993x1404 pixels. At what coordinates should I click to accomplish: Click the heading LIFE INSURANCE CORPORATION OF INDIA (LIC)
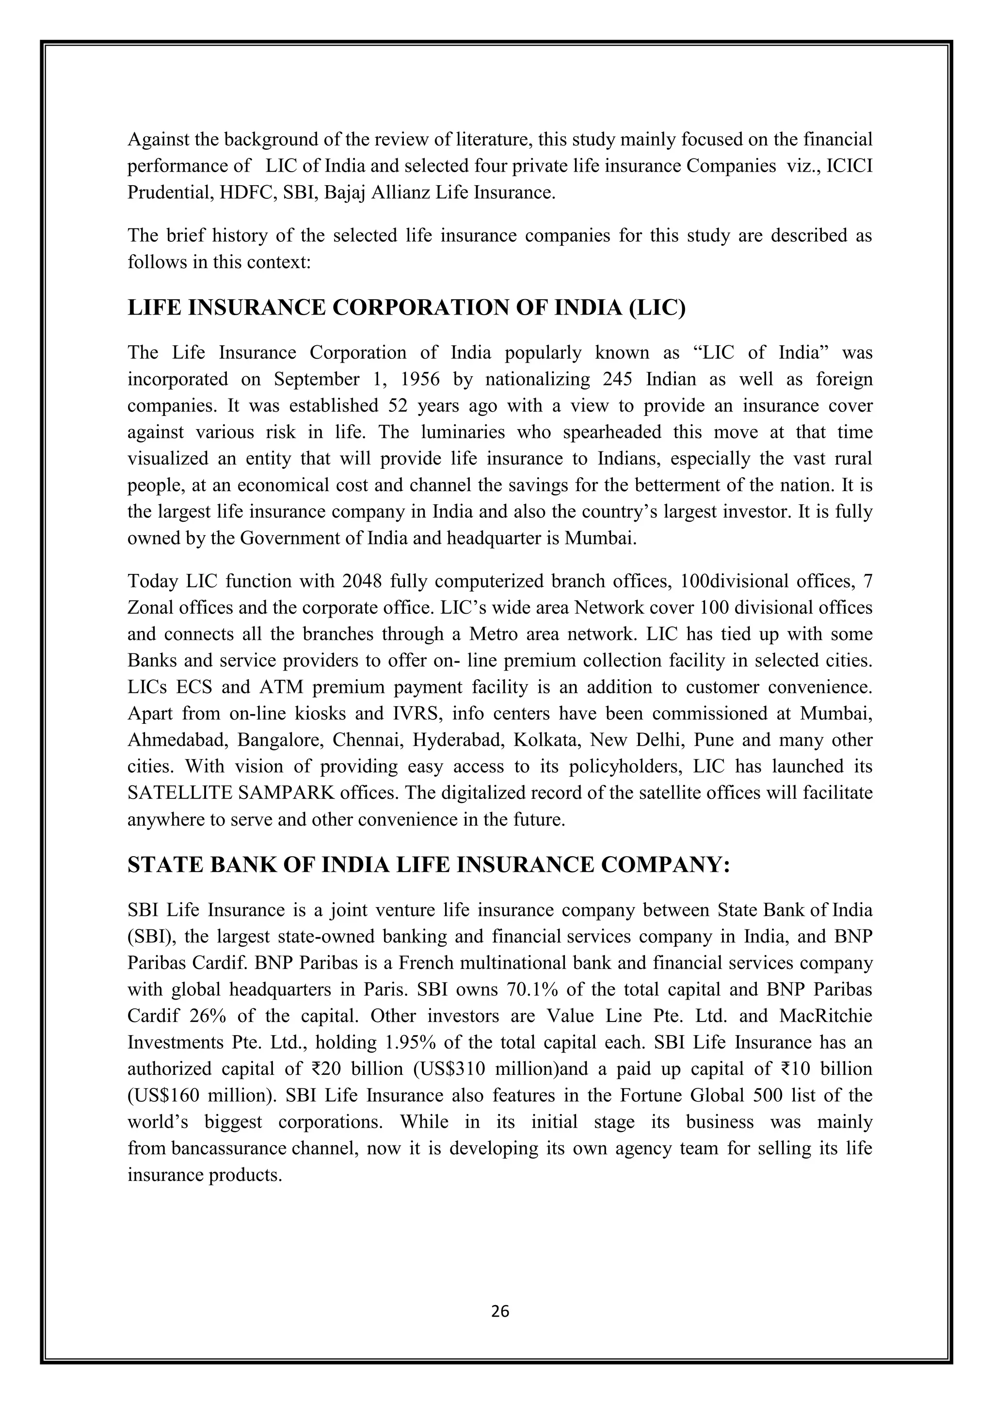(x=406, y=307)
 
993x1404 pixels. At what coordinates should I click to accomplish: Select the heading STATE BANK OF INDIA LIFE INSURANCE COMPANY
(x=428, y=865)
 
